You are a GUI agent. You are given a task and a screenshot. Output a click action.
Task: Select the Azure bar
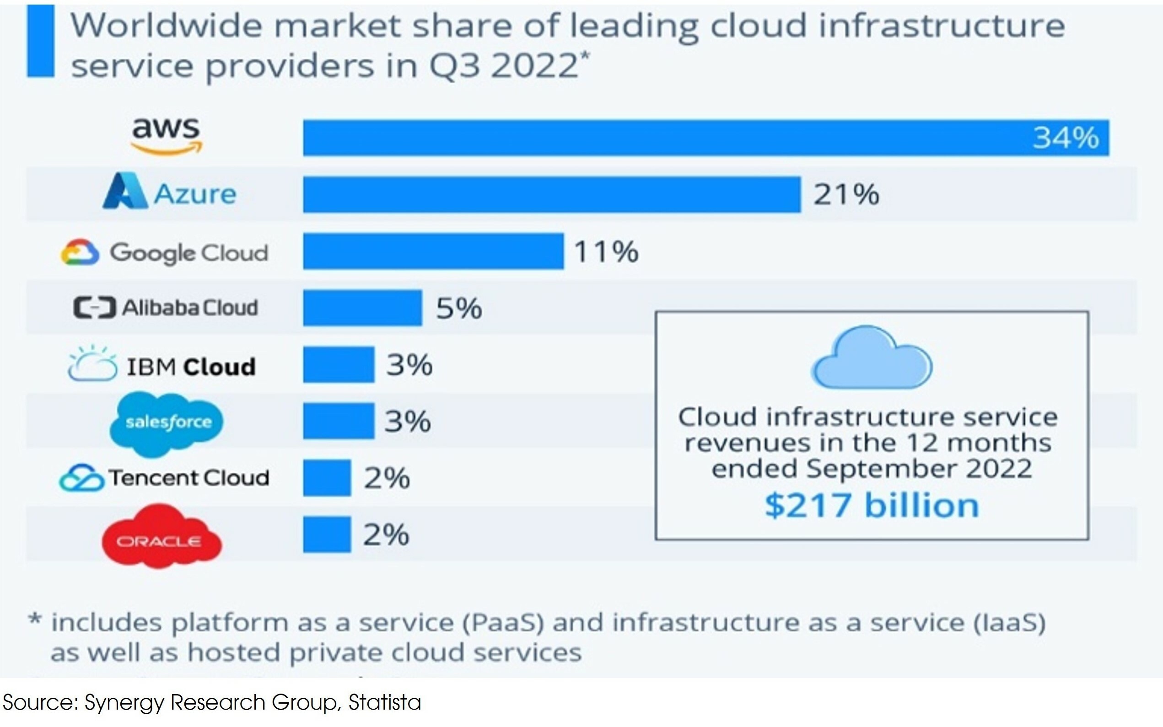(551, 194)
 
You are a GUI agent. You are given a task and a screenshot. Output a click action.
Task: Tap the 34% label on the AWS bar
(1066, 138)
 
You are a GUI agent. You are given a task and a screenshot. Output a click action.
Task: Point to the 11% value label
(606, 251)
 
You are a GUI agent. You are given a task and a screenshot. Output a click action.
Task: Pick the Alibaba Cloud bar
(362, 308)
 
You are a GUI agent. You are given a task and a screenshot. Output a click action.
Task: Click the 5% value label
(458, 308)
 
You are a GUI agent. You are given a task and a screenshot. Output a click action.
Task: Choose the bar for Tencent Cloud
(327, 477)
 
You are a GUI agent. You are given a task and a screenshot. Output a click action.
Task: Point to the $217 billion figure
(872, 506)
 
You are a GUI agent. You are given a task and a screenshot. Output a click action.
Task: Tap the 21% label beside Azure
(845, 194)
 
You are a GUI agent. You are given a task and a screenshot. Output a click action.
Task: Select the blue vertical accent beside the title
(40, 41)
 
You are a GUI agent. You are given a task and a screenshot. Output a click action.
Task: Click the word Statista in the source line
(384, 702)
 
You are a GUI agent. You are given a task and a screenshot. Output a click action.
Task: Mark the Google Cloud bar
(433, 251)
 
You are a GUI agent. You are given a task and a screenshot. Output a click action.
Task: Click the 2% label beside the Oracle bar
(386, 534)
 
